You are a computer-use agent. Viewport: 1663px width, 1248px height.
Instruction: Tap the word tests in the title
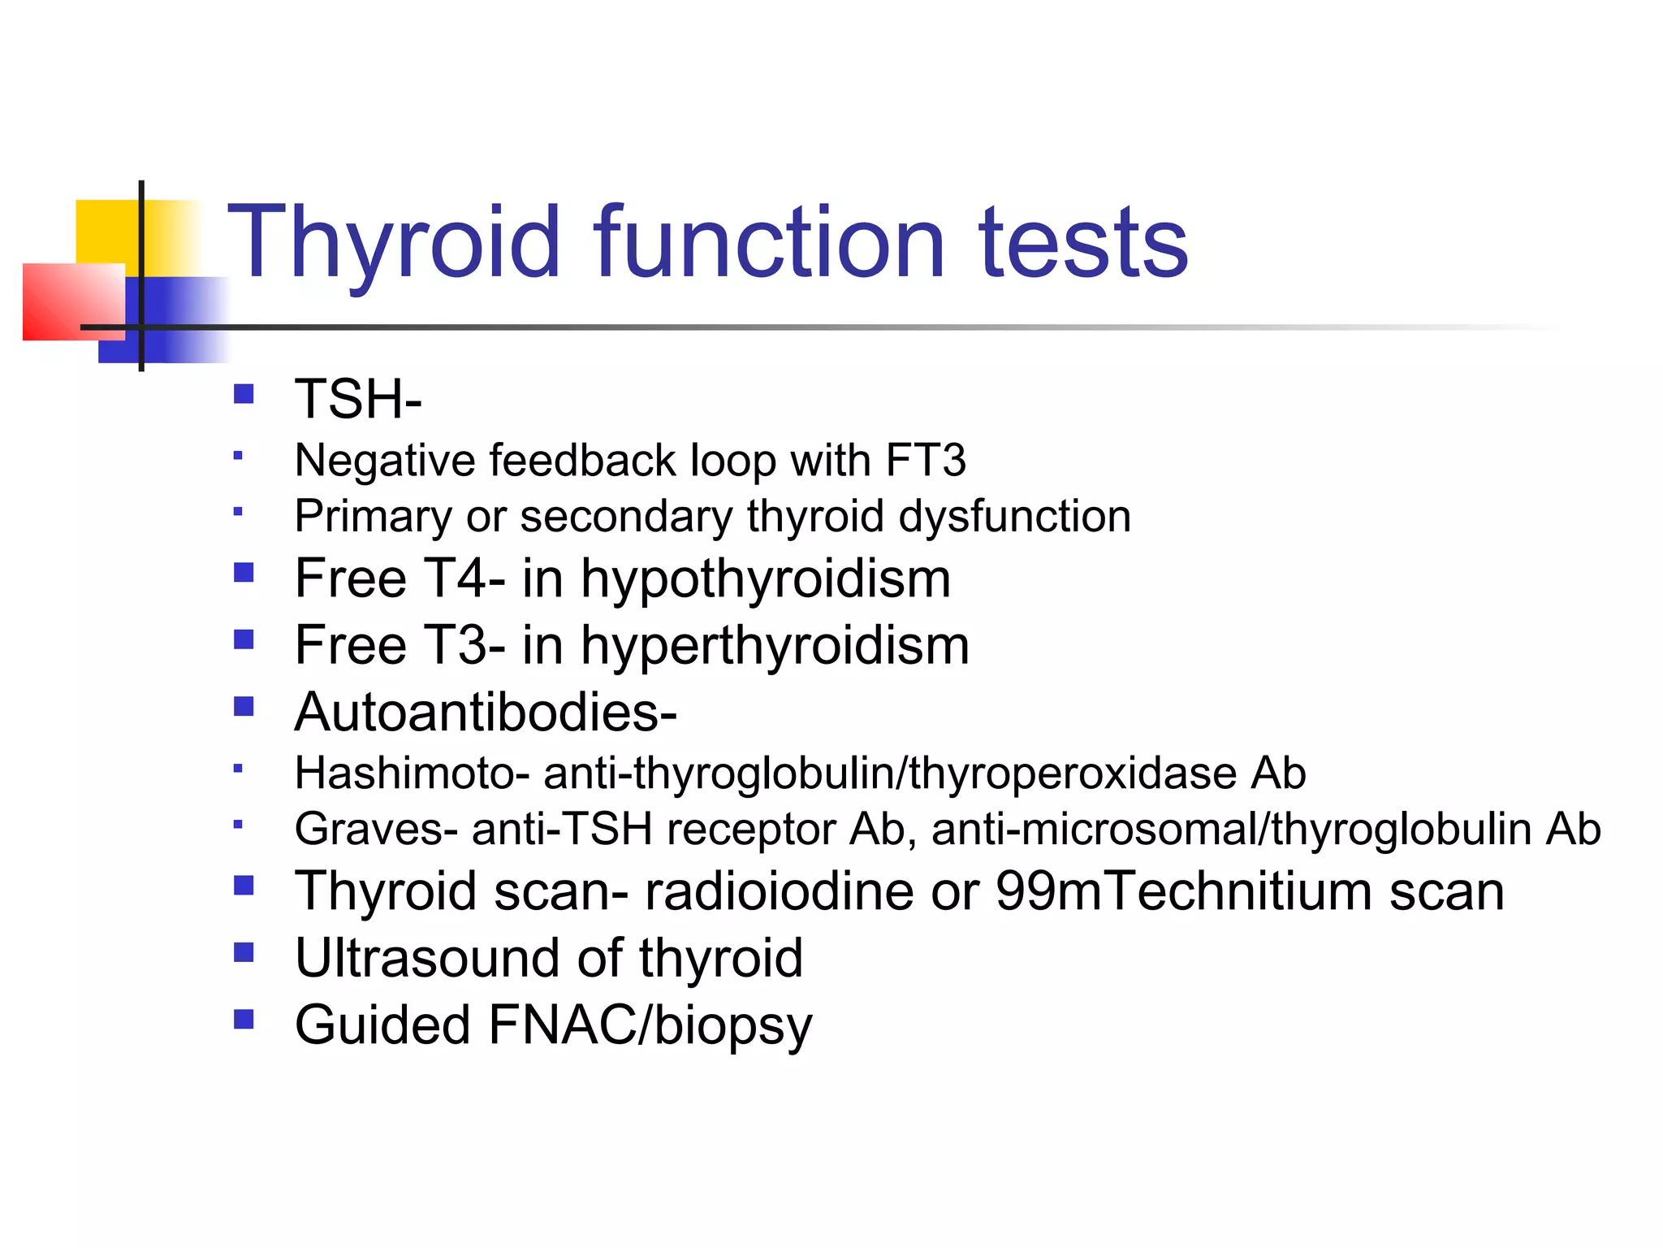pos(1083,242)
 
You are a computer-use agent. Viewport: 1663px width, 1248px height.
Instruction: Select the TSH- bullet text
pos(358,399)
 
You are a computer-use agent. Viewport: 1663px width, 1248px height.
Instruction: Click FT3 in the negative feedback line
pos(926,460)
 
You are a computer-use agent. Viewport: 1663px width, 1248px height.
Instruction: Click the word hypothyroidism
pos(766,578)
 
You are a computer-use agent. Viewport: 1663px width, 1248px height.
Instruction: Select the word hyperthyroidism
pos(775,645)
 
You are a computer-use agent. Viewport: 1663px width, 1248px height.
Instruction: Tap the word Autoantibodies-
pos(486,712)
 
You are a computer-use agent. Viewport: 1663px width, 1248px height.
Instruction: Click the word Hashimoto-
pos(413,773)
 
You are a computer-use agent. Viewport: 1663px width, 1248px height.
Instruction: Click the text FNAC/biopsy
pos(650,1025)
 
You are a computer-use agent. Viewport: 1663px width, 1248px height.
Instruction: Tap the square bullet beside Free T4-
pos(244,574)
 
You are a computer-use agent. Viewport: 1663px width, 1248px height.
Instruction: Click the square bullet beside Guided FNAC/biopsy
pos(244,1019)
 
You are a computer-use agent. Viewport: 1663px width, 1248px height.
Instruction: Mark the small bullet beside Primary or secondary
pos(238,512)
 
